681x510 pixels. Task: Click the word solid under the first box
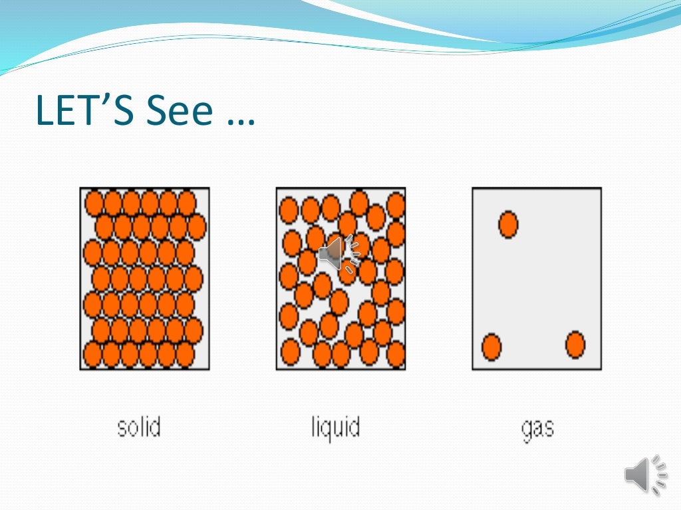(x=139, y=426)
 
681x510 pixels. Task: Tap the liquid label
(x=336, y=427)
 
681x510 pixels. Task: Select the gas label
(x=537, y=428)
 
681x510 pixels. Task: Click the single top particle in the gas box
(x=508, y=224)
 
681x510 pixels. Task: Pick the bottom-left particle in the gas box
(x=491, y=347)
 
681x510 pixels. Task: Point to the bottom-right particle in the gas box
(x=575, y=345)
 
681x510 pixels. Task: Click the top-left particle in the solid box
(x=94, y=203)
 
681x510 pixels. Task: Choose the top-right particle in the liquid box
(x=396, y=205)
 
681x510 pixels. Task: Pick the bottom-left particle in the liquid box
(x=291, y=351)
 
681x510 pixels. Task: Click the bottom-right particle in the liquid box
(x=396, y=354)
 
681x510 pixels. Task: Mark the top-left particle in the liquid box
(x=289, y=210)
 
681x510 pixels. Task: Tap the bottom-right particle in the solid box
(x=185, y=355)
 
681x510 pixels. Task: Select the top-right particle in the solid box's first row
(x=187, y=203)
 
